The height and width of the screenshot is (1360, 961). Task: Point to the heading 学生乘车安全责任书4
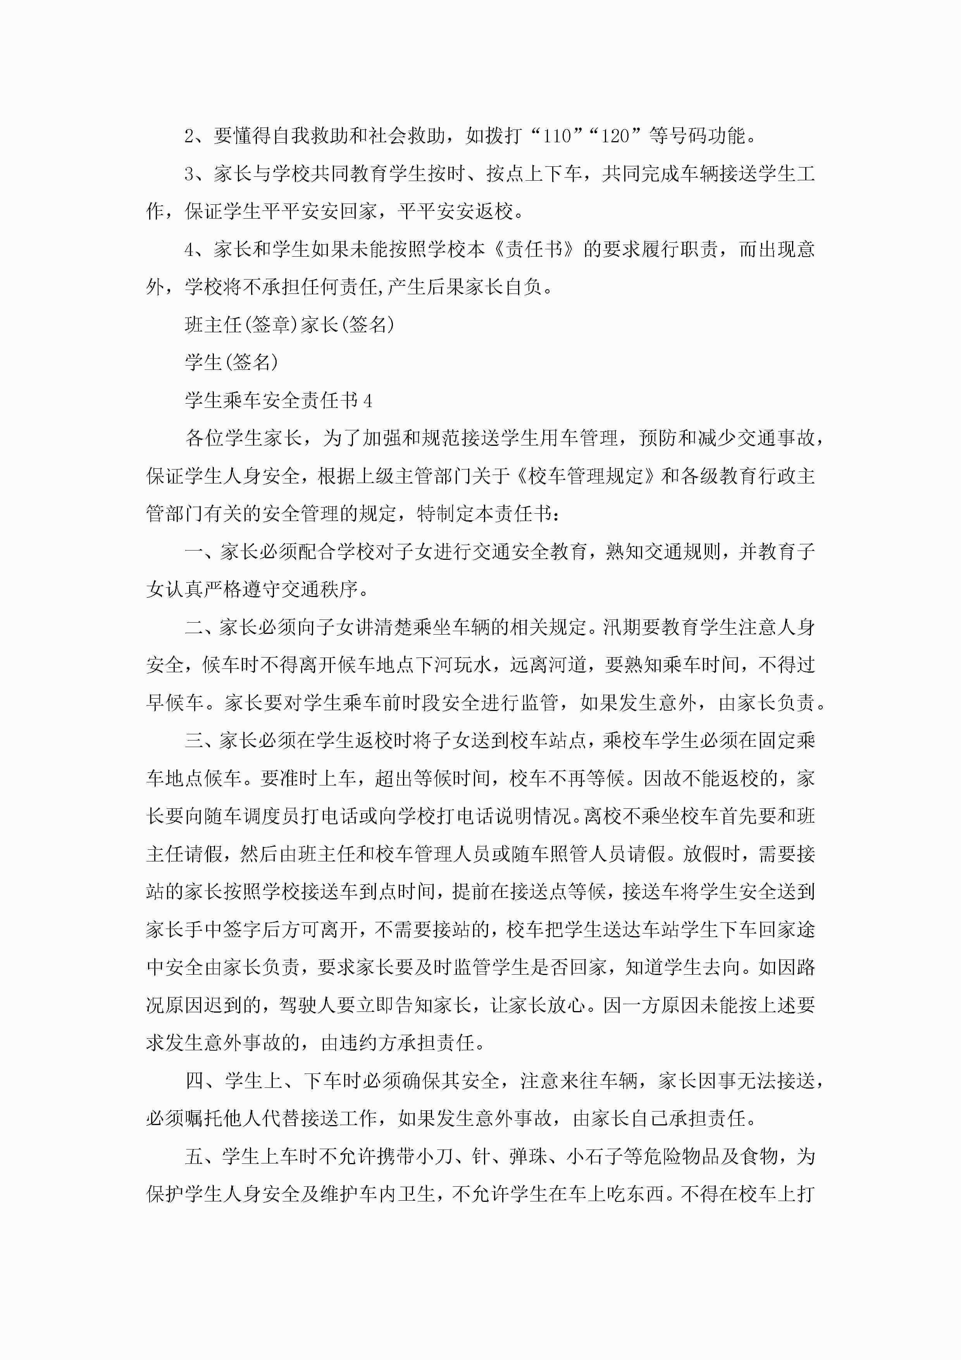pos(278,400)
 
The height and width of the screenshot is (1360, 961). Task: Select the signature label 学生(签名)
pos(231,362)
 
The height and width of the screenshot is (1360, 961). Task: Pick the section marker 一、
pos(201,552)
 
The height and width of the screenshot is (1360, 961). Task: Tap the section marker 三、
pos(201,741)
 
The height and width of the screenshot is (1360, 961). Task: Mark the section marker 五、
pos(201,1157)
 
